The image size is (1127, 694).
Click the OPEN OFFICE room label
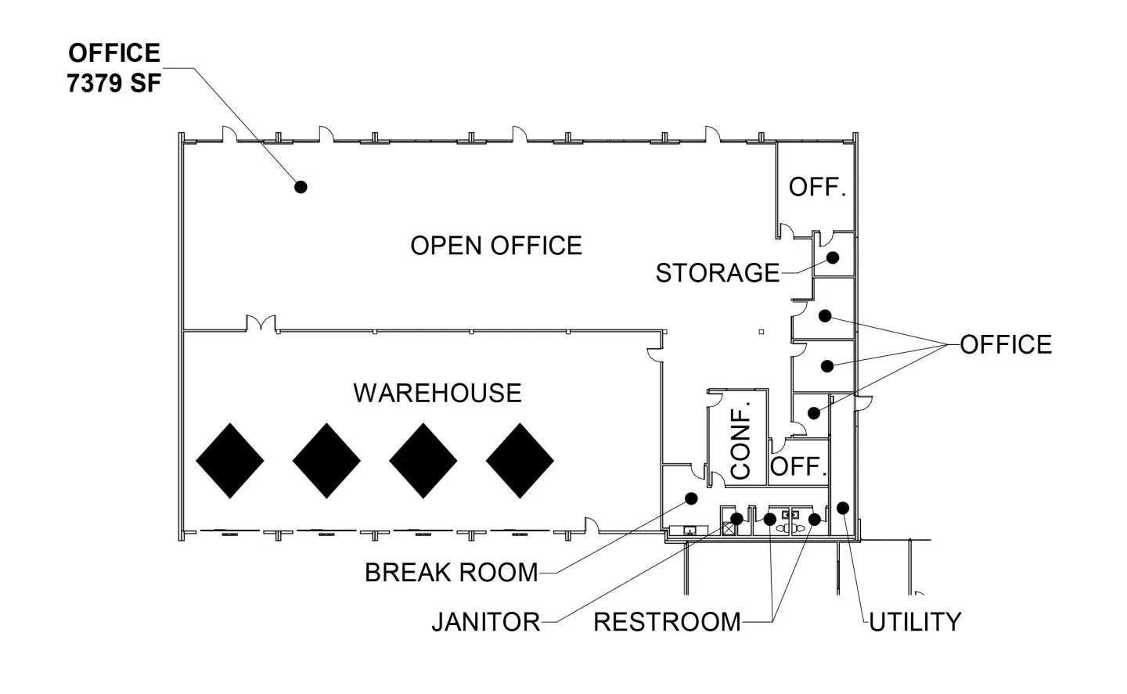click(x=496, y=246)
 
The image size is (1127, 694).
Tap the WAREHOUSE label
click(x=437, y=393)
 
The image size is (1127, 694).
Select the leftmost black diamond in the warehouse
click(x=230, y=461)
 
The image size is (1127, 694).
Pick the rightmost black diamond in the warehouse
click(x=520, y=461)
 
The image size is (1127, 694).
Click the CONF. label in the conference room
click(x=740, y=443)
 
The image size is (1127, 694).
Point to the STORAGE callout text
click(x=718, y=273)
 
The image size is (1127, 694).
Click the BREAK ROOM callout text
click(x=452, y=573)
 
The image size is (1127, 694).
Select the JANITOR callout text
click(x=486, y=622)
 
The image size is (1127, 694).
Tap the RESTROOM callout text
click(x=667, y=622)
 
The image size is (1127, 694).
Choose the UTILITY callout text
click(x=915, y=622)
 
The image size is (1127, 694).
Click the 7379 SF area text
click(x=114, y=84)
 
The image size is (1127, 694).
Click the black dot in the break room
click(x=691, y=498)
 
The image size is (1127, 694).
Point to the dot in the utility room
click(x=843, y=508)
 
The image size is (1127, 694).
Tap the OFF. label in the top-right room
click(x=818, y=188)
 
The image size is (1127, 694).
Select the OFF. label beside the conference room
click(x=799, y=467)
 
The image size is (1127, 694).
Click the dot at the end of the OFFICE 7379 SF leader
click(x=301, y=186)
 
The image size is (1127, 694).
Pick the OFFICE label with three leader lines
click(x=1006, y=344)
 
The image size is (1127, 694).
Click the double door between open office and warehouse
click(x=261, y=324)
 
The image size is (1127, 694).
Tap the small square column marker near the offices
click(x=762, y=332)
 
